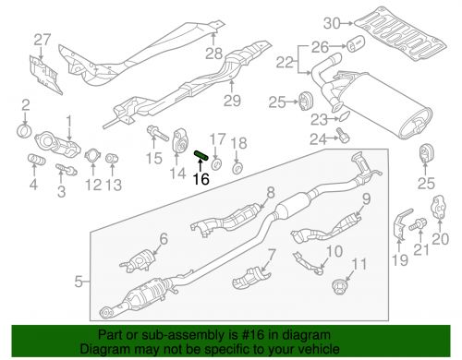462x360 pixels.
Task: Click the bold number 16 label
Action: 201,182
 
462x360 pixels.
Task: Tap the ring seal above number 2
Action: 25,126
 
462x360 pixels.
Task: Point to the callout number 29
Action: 232,100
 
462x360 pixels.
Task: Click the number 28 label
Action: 213,54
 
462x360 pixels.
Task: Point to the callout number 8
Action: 271,193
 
